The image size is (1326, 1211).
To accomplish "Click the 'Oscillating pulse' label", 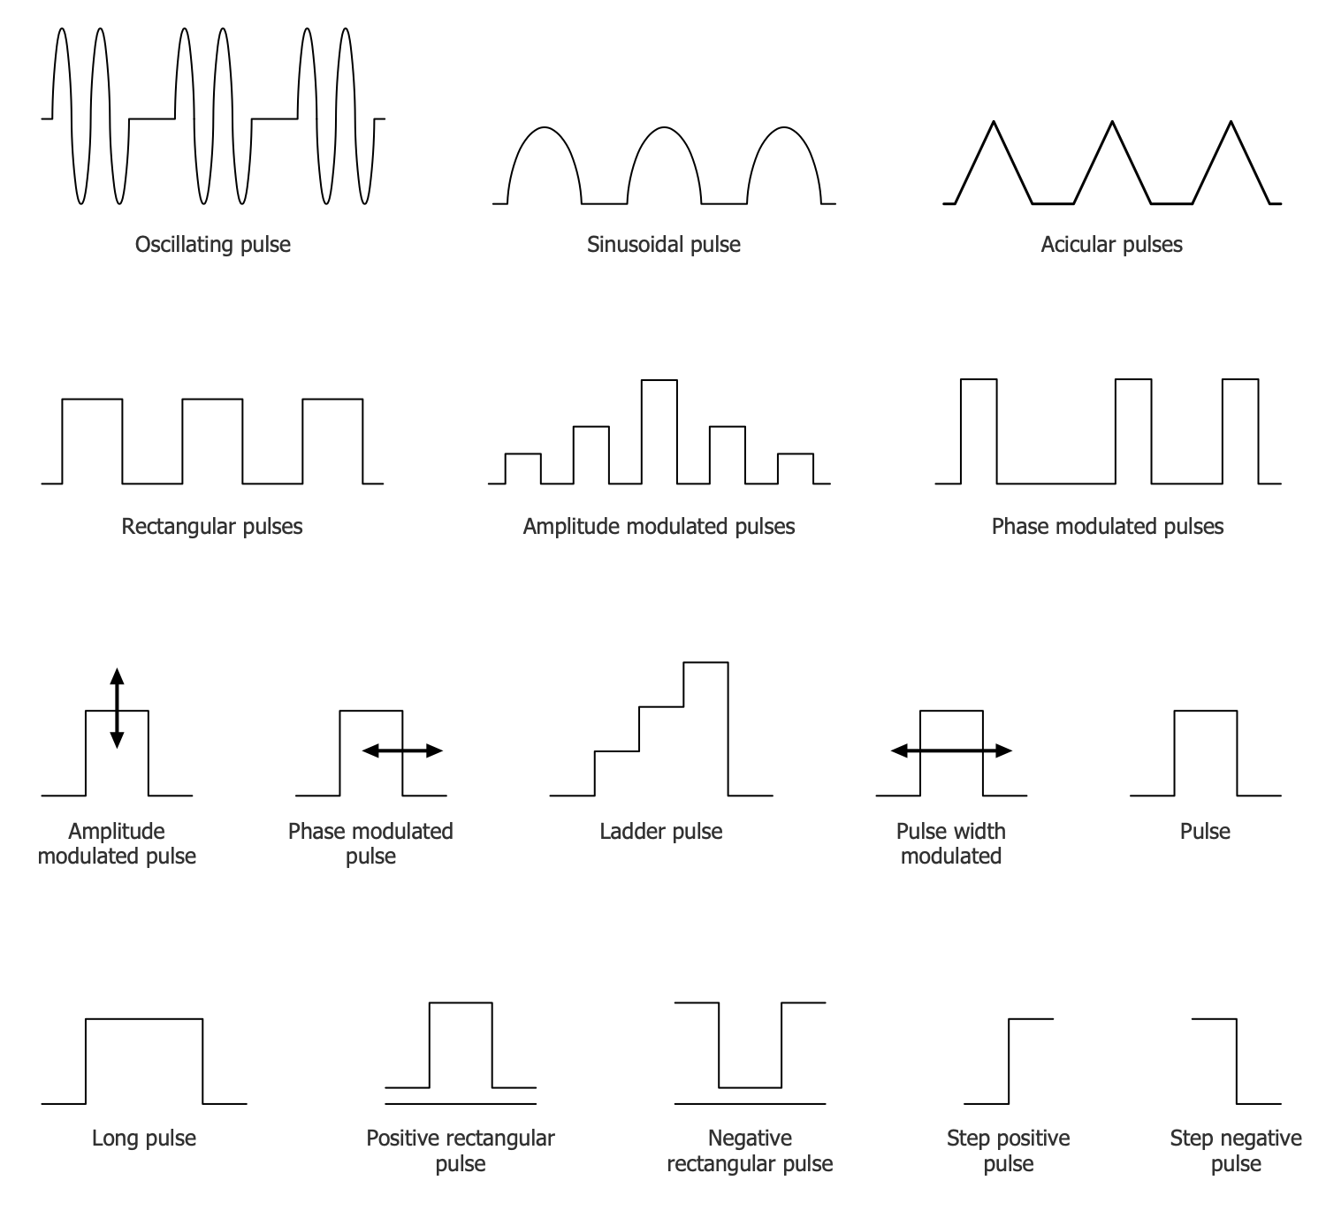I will click(x=212, y=245).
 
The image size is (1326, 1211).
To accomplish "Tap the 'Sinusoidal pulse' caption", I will click(x=663, y=245).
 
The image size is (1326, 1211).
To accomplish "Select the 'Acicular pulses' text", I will click(x=1111, y=245).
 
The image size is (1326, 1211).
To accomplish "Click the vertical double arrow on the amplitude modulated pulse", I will click(x=117, y=708).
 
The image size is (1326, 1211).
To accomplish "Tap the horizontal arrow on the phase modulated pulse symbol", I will click(x=402, y=750).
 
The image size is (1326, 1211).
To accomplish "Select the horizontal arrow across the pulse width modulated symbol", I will click(x=951, y=750).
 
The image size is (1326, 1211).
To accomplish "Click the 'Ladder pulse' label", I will click(x=660, y=832).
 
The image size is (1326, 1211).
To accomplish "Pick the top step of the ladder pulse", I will click(x=706, y=663).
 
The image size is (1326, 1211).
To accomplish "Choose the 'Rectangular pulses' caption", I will click(x=212, y=527).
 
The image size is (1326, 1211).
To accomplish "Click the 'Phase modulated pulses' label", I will click(x=1108, y=527).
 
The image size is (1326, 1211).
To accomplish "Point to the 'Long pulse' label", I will click(x=144, y=1139).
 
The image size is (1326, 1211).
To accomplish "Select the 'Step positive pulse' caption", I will click(x=1008, y=1150).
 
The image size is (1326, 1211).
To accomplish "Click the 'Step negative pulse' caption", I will click(x=1236, y=1150).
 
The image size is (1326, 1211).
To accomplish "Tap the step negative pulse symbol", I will click(x=1237, y=1061).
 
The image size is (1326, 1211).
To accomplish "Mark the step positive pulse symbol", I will click(x=1009, y=1061).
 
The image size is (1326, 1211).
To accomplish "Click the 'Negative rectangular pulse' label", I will click(x=750, y=1150).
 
